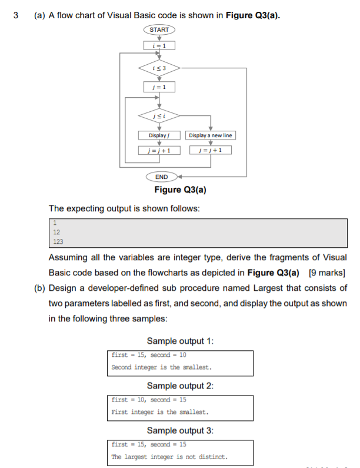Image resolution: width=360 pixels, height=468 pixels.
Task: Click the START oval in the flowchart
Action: [x=159, y=29]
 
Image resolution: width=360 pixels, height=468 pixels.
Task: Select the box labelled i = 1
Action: [x=159, y=45]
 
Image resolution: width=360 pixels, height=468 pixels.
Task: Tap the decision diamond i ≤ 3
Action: [x=159, y=68]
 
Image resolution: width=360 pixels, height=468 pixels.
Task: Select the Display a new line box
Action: [x=210, y=135]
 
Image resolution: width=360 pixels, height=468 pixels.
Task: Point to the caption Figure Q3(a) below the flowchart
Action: [x=180, y=190]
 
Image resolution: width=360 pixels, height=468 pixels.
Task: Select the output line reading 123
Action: [x=58, y=241]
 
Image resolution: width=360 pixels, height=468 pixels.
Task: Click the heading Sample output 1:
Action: [x=179, y=341]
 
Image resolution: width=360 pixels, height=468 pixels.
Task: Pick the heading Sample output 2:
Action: [x=179, y=386]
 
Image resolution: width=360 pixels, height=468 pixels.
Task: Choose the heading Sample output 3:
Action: [x=179, y=430]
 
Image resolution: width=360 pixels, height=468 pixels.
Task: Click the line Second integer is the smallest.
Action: [x=161, y=367]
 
